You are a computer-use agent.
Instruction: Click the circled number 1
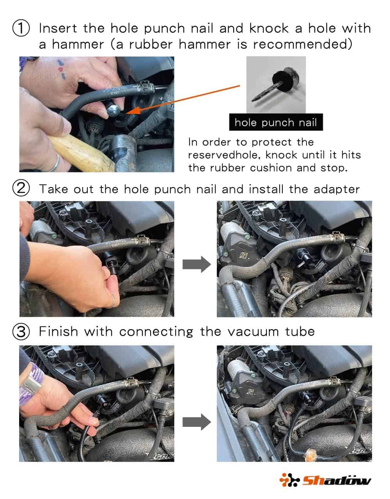click(x=21, y=28)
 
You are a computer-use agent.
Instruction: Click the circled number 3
click(x=21, y=332)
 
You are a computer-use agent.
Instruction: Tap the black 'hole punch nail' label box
click(x=276, y=122)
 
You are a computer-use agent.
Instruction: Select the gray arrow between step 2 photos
click(x=197, y=264)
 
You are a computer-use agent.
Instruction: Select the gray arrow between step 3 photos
click(x=197, y=422)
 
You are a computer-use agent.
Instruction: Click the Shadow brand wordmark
click(x=337, y=480)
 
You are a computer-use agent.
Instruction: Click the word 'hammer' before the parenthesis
click(x=78, y=44)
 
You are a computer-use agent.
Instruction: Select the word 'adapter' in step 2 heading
click(x=337, y=190)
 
